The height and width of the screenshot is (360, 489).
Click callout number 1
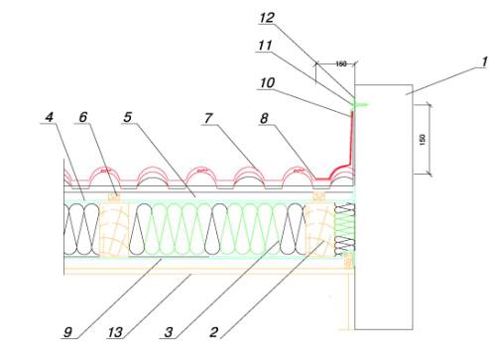tap(485, 61)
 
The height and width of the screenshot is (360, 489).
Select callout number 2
tap(214, 332)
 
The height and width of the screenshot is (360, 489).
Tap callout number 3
tap(169, 332)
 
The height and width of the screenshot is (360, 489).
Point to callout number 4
tap(50, 117)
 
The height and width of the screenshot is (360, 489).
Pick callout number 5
tap(128, 117)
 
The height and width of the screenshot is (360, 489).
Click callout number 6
tap(83, 117)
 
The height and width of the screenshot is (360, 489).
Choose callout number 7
tap(208, 118)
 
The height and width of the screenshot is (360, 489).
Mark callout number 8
tap(264, 118)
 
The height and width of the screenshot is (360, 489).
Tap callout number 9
tap(67, 332)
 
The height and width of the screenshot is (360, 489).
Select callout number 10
tap(267, 82)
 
